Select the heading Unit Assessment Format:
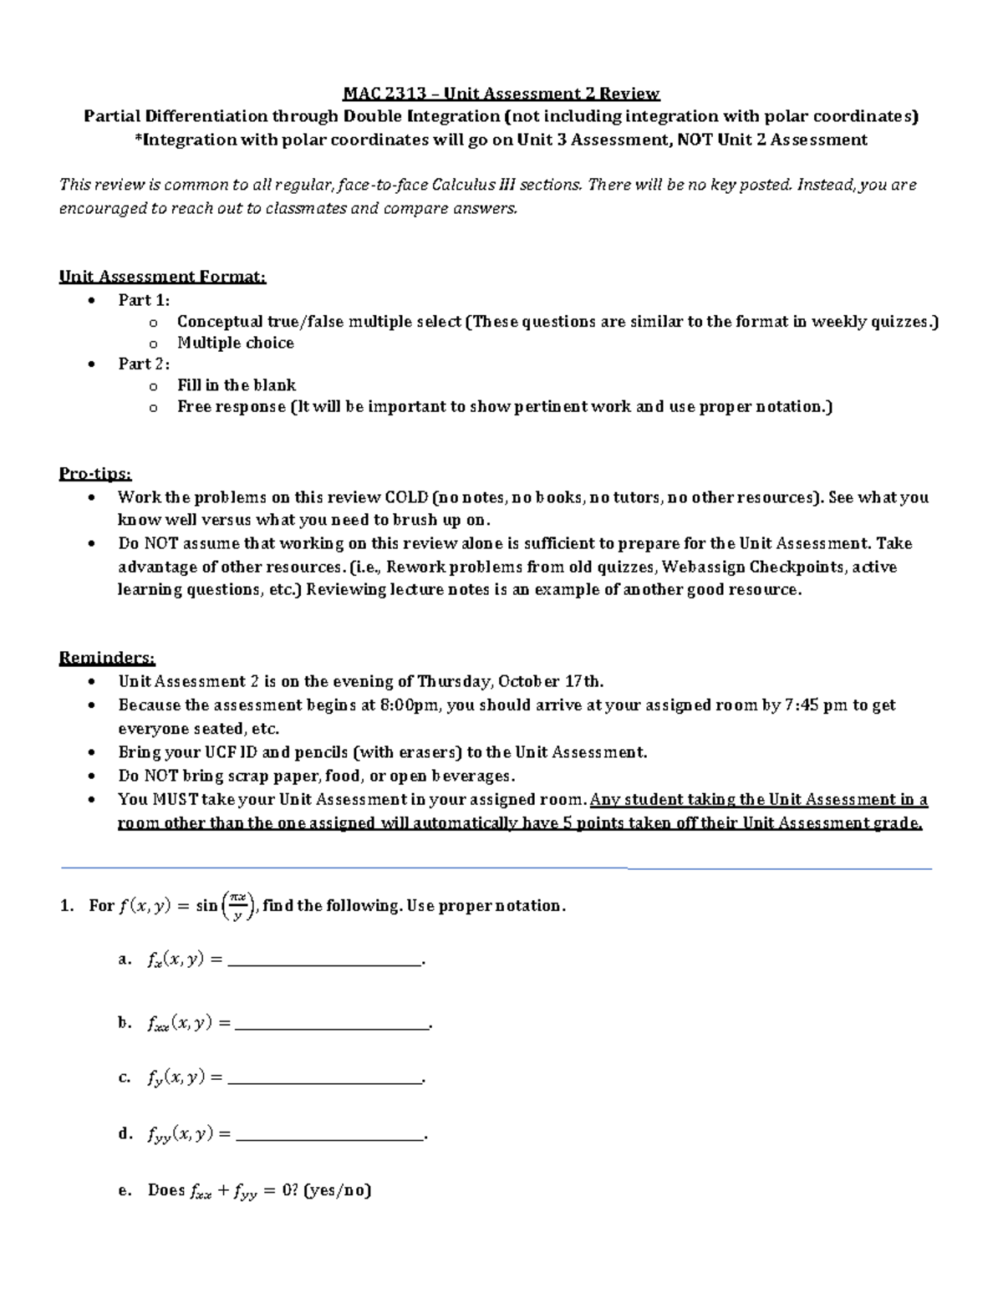point(162,277)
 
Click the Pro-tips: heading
point(95,474)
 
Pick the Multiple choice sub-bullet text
point(235,343)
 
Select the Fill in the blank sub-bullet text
point(237,385)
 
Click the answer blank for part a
point(324,961)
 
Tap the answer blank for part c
point(324,1079)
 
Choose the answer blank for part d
point(330,1136)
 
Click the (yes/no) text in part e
point(338,1190)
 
